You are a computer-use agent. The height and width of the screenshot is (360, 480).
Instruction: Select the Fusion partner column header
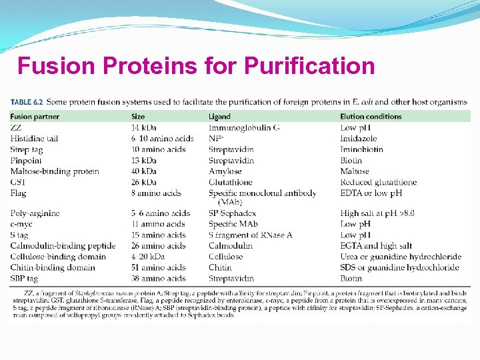coord(35,117)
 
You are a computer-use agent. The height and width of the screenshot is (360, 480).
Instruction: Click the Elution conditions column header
coord(371,117)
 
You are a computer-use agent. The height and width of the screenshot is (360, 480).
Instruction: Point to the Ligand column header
coord(219,117)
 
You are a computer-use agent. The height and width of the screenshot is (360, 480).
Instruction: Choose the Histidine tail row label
coord(34,139)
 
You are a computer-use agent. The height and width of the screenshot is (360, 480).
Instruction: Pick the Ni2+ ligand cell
coord(215,139)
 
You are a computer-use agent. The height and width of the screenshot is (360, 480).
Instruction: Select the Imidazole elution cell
coord(360,139)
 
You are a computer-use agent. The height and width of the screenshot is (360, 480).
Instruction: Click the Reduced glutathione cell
coord(378,182)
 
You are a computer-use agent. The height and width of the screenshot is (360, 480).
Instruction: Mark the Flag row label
coord(18,193)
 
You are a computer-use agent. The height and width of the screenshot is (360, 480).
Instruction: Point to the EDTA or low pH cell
coord(371,193)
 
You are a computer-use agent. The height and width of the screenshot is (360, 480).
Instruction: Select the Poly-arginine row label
coord(35,213)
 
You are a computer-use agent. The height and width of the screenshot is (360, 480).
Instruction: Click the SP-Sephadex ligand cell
coord(233,213)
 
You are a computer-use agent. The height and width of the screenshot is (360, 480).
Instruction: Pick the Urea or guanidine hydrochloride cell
coord(400,257)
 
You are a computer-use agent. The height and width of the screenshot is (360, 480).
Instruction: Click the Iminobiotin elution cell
coord(361,149)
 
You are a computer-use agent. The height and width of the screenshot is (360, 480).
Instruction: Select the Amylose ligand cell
coord(224,171)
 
